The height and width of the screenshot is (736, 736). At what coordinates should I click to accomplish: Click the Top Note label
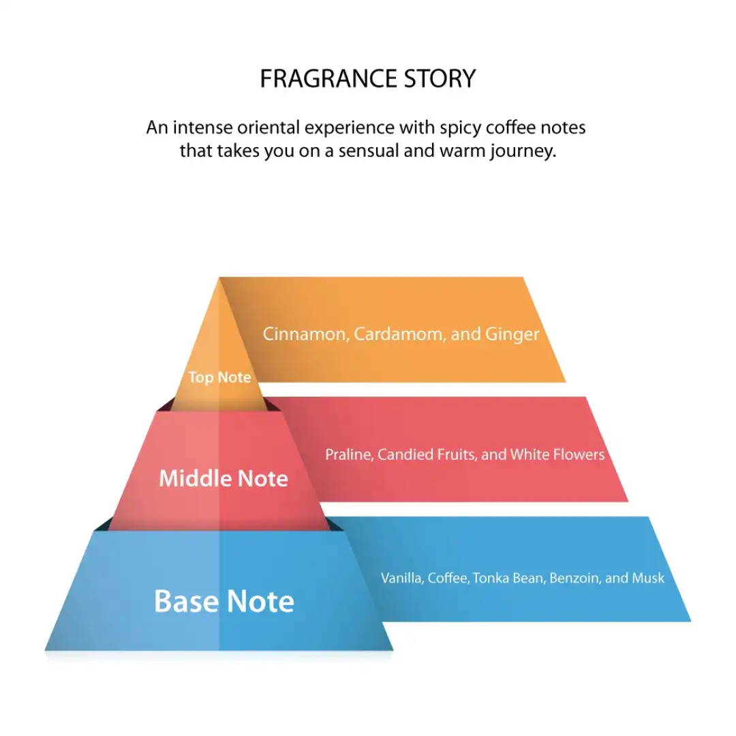pos(219,378)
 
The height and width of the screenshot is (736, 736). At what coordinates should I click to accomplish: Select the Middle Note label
pos(224,478)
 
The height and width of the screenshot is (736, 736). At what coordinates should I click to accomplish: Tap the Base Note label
pos(224,602)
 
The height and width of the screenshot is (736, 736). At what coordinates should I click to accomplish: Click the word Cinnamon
pos(305,335)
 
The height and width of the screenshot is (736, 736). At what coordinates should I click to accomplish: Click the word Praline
pos(348,455)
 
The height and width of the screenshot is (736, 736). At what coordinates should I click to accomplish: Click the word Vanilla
pos(401,579)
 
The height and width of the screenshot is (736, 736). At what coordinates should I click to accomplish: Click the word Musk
pos(648,579)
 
